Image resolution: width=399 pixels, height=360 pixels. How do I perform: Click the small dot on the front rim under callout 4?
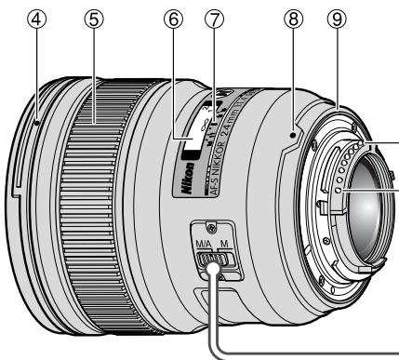click(x=34, y=119)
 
